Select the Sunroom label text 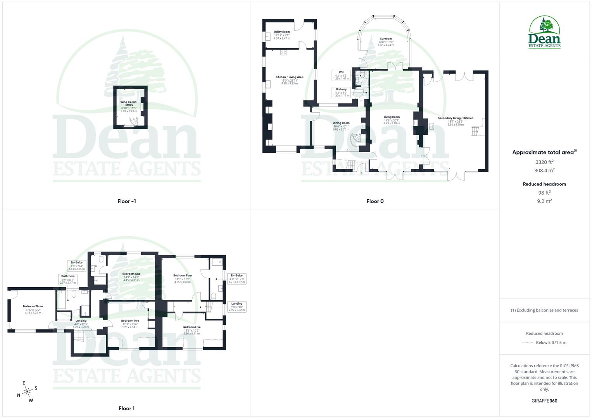386,39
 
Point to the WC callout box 341,75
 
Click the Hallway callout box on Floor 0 341,92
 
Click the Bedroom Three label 33,307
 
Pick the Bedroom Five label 192,327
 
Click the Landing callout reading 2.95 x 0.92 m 236,307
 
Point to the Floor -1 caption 126,201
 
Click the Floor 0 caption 375,201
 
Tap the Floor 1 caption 126,408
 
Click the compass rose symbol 27,392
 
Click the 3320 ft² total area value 544,162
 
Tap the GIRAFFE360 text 544,401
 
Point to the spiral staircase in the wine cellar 133,122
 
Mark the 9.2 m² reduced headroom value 544,201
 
